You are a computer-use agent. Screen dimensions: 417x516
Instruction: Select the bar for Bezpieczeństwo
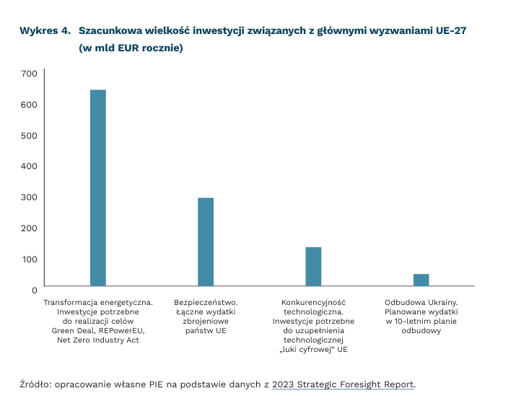206,242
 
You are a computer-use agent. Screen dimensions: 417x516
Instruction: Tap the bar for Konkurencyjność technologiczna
313,267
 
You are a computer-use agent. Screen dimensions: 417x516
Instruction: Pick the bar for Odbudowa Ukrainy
421,280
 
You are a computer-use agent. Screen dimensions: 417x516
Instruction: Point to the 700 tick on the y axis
29,74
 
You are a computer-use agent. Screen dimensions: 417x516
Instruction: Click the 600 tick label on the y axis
29,105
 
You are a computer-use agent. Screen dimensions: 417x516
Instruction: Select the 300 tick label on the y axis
29,197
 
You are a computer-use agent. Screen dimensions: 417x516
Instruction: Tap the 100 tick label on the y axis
29,259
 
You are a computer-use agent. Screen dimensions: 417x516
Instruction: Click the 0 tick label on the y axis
34,290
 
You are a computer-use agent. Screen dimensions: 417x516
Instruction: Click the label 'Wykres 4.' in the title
45,31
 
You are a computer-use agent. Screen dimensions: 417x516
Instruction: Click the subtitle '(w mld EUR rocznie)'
131,48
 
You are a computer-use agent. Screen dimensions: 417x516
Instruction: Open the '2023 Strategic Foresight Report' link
343,384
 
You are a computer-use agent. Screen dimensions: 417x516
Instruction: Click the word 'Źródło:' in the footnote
38,384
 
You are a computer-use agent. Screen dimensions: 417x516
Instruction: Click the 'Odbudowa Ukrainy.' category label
421,302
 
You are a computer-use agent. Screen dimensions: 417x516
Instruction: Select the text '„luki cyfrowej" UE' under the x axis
313,350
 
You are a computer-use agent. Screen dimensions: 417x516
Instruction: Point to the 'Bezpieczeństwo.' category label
206,302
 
